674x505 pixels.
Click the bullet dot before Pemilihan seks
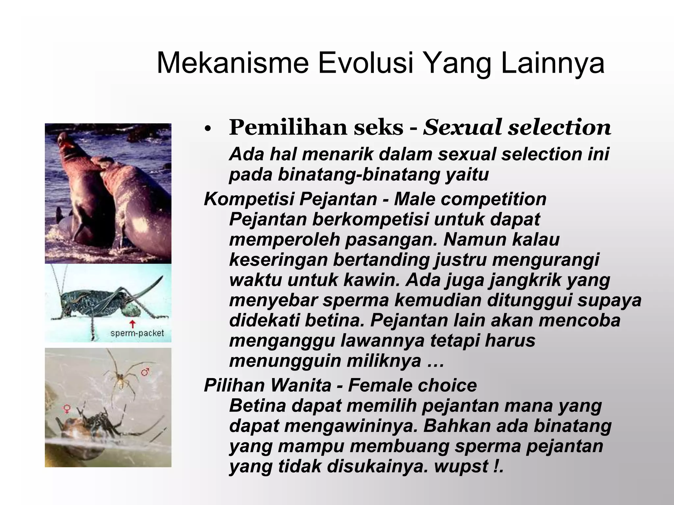(x=207, y=129)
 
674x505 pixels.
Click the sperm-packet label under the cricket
(x=137, y=333)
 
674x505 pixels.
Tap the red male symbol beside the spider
(x=145, y=372)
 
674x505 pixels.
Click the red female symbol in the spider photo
(x=67, y=409)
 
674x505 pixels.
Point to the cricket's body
(x=95, y=301)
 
